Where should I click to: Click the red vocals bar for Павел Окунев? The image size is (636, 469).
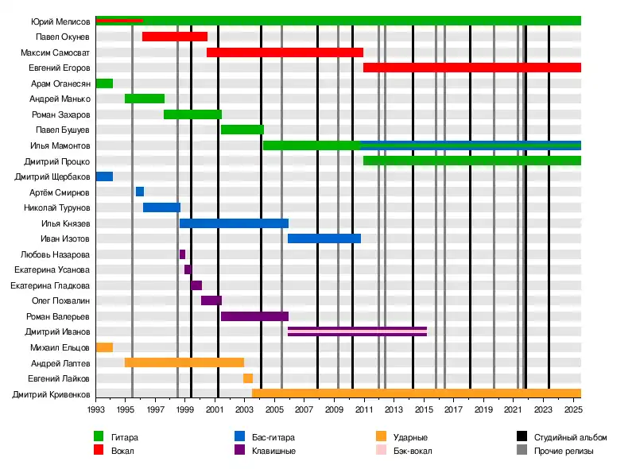(x=175, y=37)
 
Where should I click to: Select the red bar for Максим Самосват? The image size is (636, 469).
(x=285, y=52)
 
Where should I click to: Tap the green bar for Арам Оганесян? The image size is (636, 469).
(x=104, y=83)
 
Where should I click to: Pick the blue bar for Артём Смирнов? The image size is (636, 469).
(x=140, y=192)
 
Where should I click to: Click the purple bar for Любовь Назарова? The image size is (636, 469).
(x=182, y=254)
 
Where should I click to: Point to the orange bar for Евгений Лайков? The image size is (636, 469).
(x=248, y=378)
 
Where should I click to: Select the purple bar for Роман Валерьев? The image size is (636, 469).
(x=254, y=316)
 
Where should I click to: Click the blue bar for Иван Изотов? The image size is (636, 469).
(x=324, y=238)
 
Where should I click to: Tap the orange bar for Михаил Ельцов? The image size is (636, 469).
(x=104, y=347)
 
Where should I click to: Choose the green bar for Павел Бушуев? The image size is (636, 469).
(x=242, y=130)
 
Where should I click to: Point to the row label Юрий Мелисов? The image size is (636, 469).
(x=60, y=21)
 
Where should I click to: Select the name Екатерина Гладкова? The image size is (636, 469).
(x=50, y=285)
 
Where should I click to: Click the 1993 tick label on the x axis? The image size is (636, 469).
(x=95, y=409)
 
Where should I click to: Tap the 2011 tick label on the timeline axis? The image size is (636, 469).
(x=364, y=409)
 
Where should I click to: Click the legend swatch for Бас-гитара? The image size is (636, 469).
(x=239, y=436)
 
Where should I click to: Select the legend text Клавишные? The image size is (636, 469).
(x=275, y=451)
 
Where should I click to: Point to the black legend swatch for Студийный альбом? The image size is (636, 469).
(x=522, y=436)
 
